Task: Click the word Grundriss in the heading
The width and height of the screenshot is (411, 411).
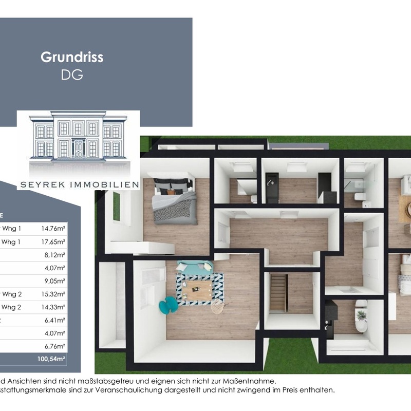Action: point(72,57)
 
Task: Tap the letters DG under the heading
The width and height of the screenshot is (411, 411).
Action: point(72,74)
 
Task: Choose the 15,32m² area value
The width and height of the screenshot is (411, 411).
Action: point(53,294)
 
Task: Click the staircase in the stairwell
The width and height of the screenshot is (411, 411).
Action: point(278,292)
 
